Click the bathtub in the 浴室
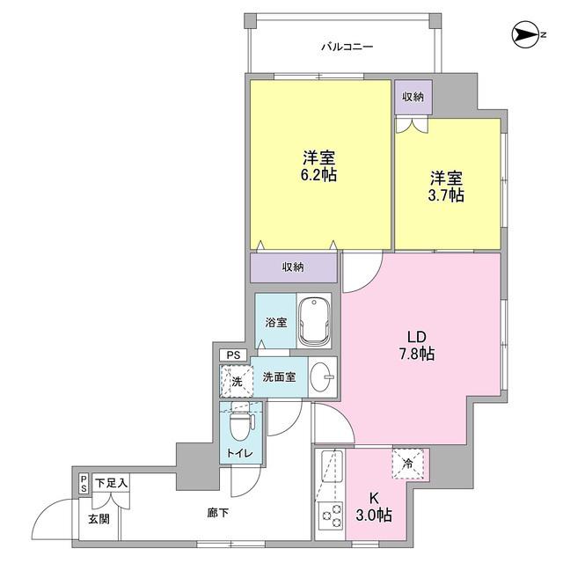[x=314, y=322]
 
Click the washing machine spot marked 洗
[x=235, y=381]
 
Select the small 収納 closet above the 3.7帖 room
[x=413, y=96]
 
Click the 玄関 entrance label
[x=99, y=519]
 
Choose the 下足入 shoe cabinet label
[x=112, y=483]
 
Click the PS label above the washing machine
[x=233, y=355]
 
